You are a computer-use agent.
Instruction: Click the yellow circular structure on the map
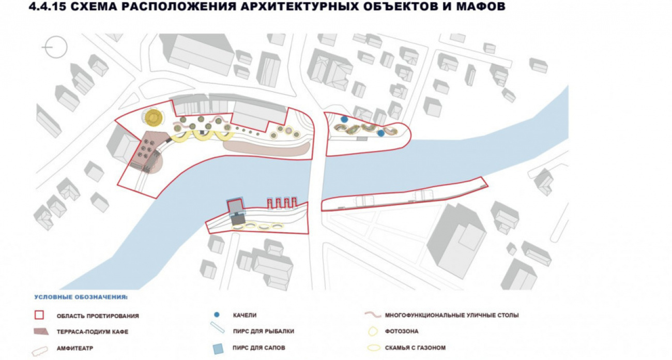tap(154, 117)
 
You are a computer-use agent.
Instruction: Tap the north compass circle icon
tap(55, 48)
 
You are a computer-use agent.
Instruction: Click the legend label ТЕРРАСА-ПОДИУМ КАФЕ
tap(93, 332)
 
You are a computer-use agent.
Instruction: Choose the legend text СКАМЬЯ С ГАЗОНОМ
tap(415, 348)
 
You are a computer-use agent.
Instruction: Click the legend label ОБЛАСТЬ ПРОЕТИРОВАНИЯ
tap(98, 316)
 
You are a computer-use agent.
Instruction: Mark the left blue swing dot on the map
tap(344, 119)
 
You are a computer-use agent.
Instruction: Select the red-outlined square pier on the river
tap(235, 205)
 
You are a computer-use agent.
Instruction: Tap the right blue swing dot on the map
tap(381, 133)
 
